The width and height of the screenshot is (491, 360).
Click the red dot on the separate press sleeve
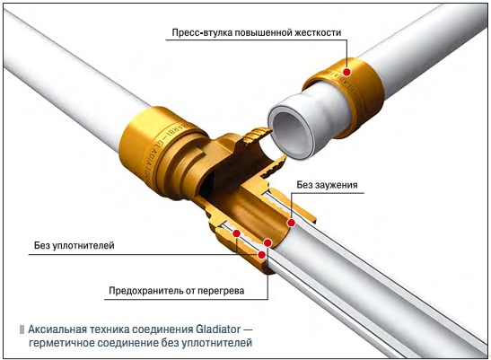(x=347, y=72)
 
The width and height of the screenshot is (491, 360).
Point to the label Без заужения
(x=327, y=185)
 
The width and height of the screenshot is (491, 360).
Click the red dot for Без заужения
(x=291, y=223)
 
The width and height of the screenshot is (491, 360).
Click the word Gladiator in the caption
(x=218, y=329)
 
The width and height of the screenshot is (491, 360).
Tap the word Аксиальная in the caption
(x=57, y=329)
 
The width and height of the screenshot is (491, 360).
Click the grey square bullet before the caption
(x=22, y=329)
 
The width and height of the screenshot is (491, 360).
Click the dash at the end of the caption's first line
(x=248, y=329)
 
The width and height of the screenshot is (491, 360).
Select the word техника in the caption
(x=109, y=329)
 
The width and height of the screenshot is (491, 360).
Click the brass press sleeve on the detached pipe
(x=345, y=97)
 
